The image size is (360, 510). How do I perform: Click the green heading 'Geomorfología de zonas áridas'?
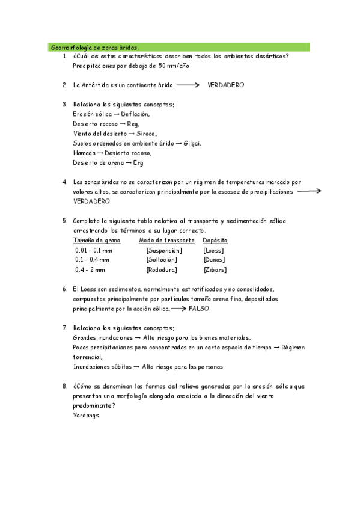pos(94,47)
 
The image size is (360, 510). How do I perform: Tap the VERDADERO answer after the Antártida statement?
pos(225,85)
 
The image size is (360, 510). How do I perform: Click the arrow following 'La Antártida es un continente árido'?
pos(188,85)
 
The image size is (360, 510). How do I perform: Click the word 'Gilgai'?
pos(192,143)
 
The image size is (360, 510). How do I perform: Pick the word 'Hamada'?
pos(83,153)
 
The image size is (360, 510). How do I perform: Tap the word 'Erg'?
pos(138,162)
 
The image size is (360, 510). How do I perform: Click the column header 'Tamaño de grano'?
pos(97,240)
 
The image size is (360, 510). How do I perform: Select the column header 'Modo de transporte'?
pos(166,240)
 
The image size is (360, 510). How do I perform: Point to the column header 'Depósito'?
pos(215,240)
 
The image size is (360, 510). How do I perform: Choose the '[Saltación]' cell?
pos(161,259)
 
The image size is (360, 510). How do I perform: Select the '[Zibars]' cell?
pos(215,269)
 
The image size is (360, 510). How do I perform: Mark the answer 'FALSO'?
pos(198,308)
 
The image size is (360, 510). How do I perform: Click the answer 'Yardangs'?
pos(86,415)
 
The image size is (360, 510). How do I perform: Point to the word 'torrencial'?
pos(87,357)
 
